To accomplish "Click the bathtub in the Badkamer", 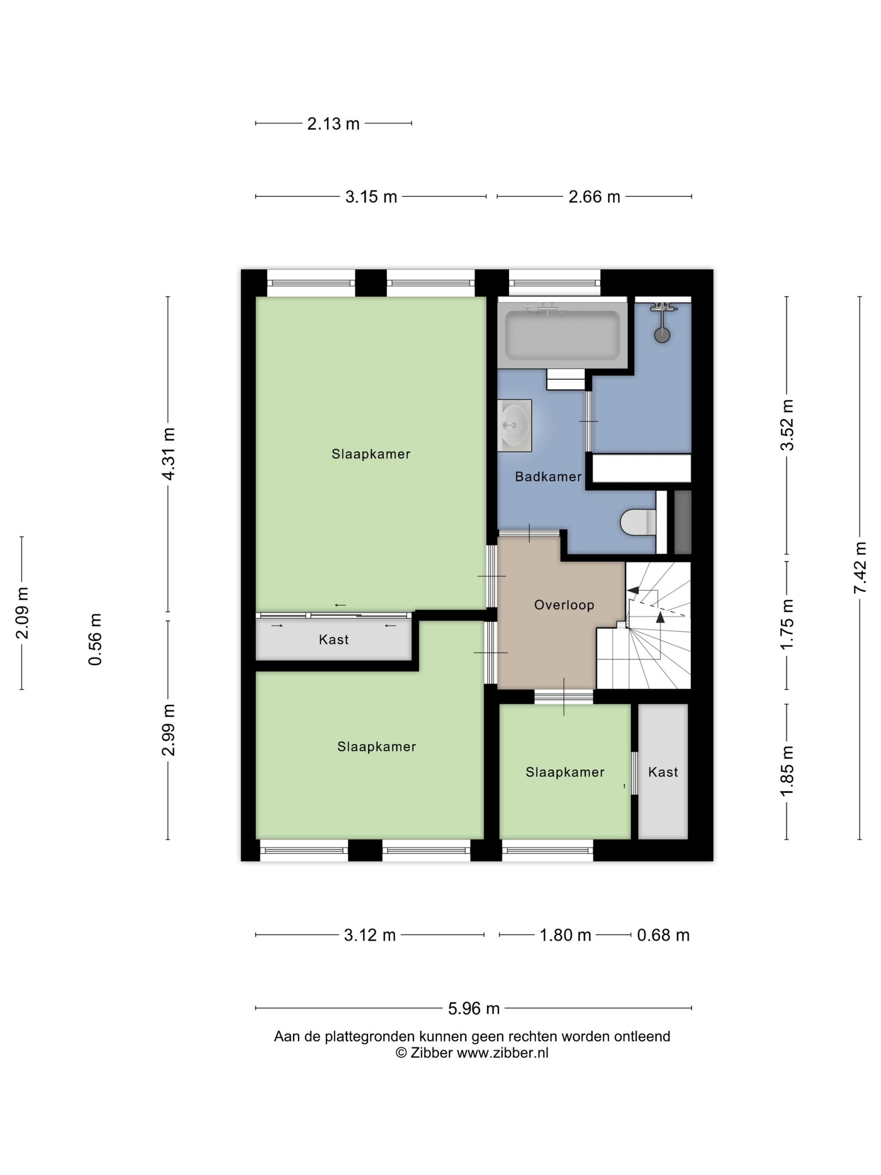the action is (x=563, y=334).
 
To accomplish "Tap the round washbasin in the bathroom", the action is (x=514, y=426).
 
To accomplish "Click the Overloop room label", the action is (x=563, y=605).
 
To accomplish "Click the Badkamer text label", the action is (x=548, y=476).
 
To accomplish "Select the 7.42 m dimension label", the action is (x=860, y=568).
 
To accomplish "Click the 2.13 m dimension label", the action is (x=333, y=124).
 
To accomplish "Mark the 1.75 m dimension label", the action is (x=787, y=624).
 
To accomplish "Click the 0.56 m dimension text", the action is (x=95, y=639).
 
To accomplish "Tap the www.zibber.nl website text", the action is (x=502, y=1052).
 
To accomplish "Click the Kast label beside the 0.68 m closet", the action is (x=663, y=772).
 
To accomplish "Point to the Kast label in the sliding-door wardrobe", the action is (x=334, y=640).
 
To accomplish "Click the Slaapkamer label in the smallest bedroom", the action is (x=565, y=772).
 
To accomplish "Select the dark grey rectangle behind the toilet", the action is (x=683, y=522).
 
